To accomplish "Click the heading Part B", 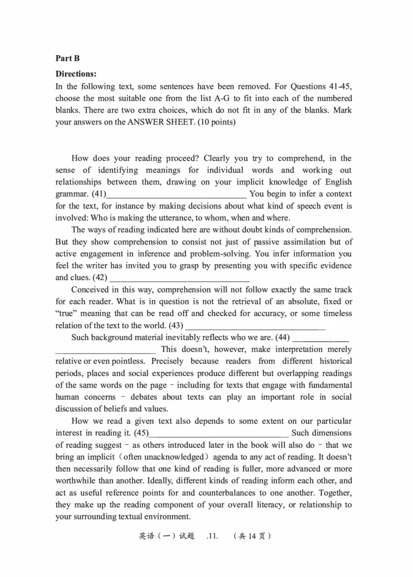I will pos(68,59).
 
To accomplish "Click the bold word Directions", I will pos(76,74).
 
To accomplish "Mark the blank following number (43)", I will pos(255,326).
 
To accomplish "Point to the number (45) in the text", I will pos(141,433).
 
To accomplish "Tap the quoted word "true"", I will pos(67,314).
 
